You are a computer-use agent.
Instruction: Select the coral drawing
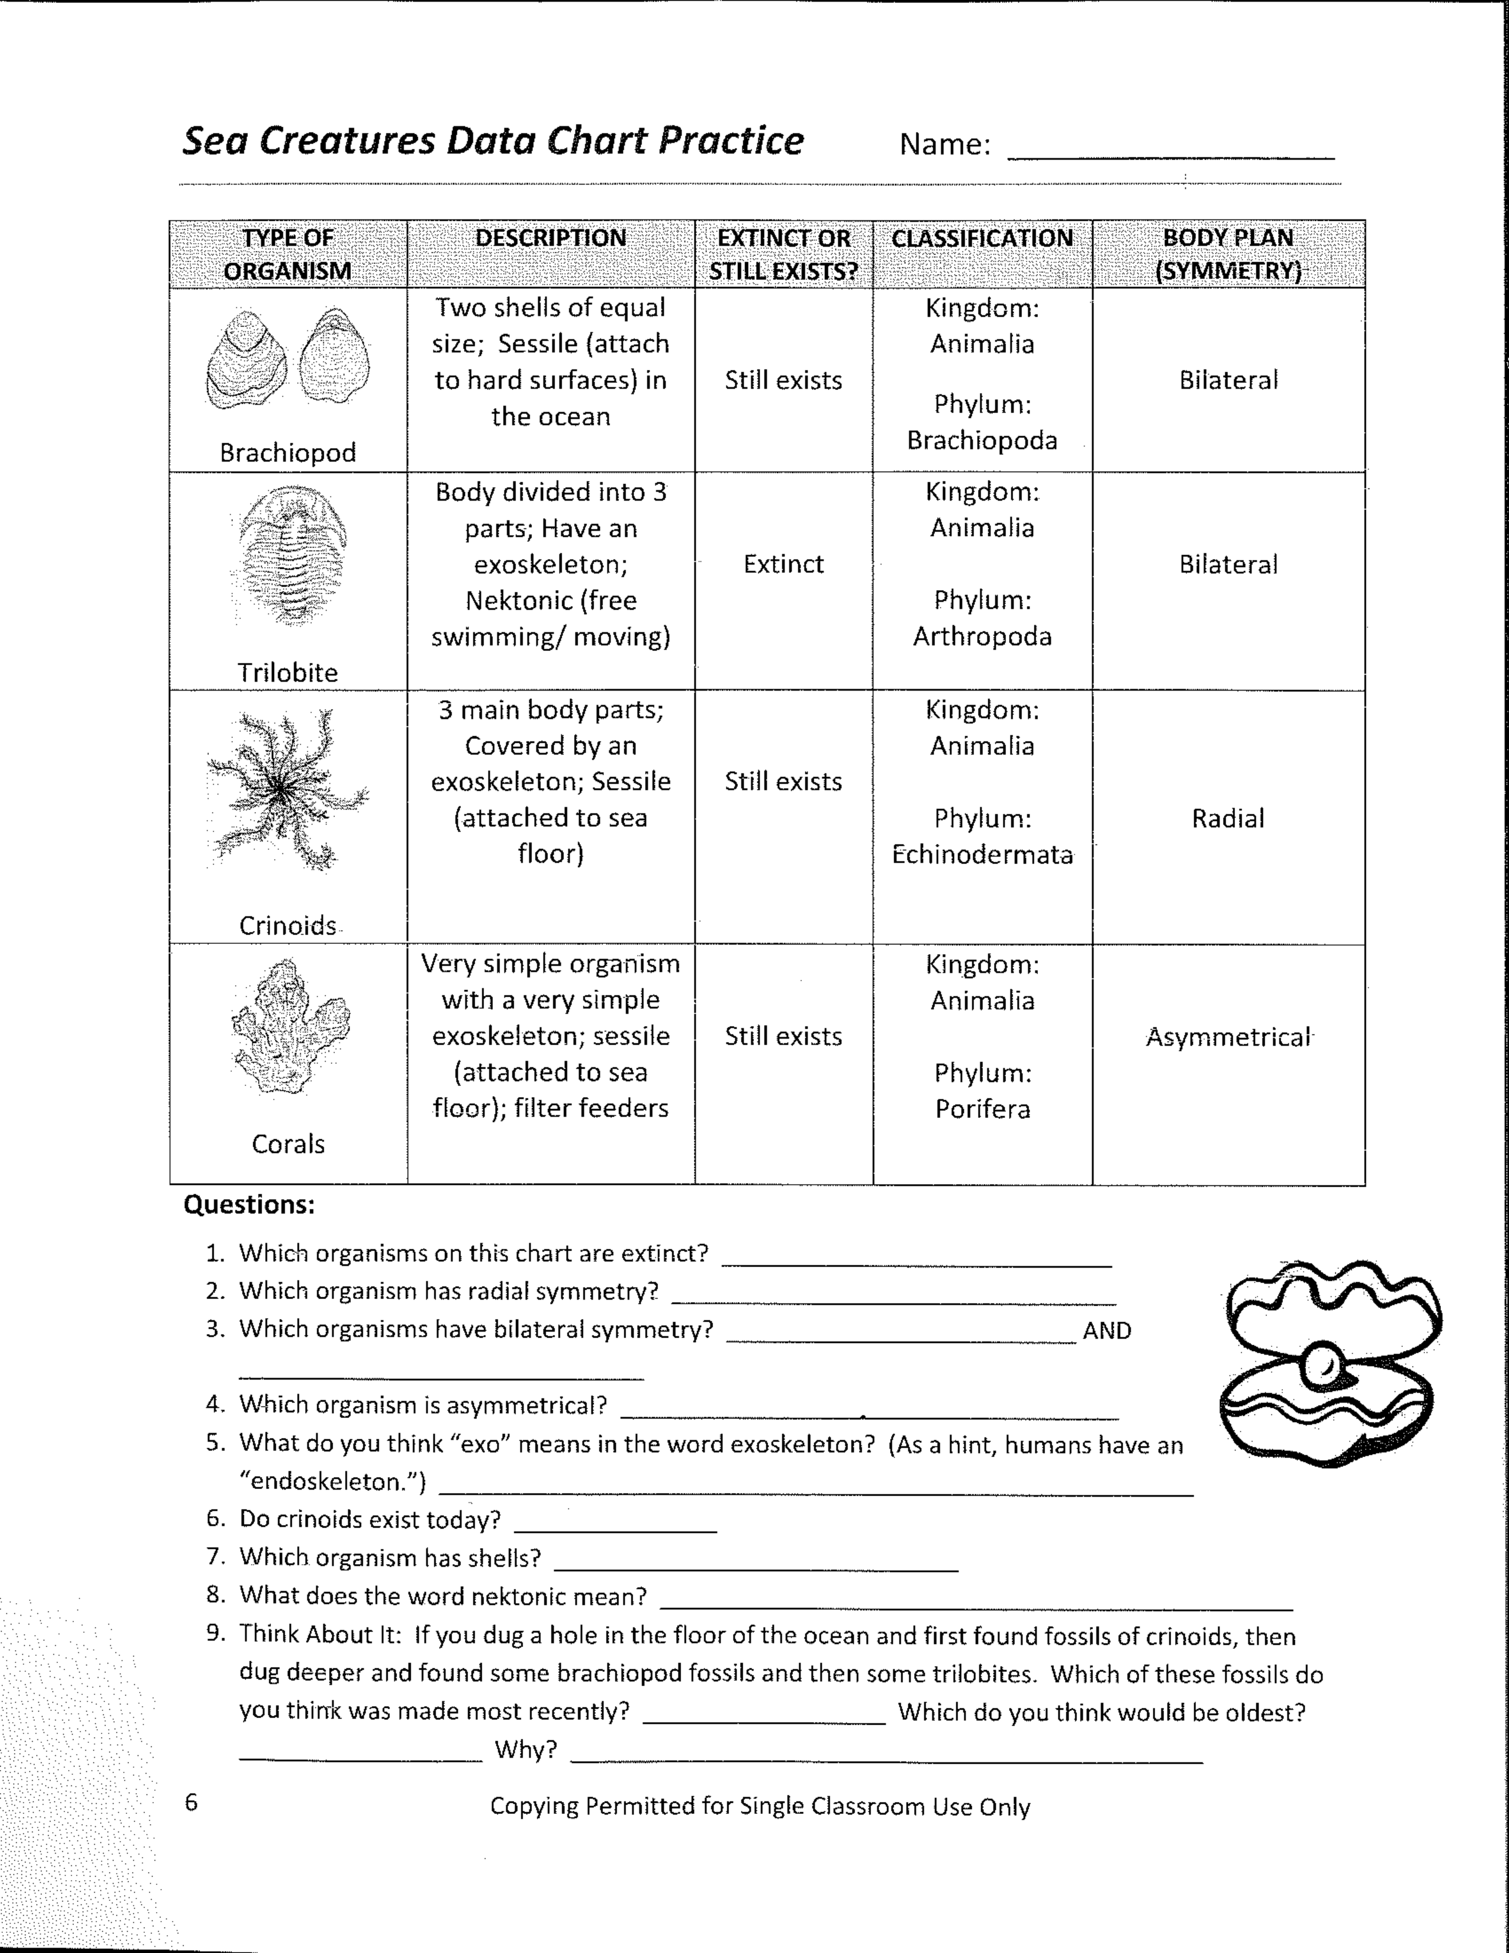(x=289, y=1027)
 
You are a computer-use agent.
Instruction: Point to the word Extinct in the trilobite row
(x=783, y=564)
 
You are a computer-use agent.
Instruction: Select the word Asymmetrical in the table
(x=1229, y=1037)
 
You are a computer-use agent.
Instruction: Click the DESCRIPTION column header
(x=551, y=238)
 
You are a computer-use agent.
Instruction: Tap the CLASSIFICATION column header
(x=982, y=238)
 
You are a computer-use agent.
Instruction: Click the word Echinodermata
(x=982, y=855)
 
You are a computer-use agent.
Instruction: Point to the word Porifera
(x=982, y=1109)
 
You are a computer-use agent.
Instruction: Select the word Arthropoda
(x=982, y=637)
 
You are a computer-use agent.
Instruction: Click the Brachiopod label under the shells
(x=288, y=453)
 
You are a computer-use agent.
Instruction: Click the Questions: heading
(x=249, y=1204)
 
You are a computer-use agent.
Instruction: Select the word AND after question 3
(x=1107, y=1330)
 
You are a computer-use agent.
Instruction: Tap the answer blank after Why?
(x=885, y=1753)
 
